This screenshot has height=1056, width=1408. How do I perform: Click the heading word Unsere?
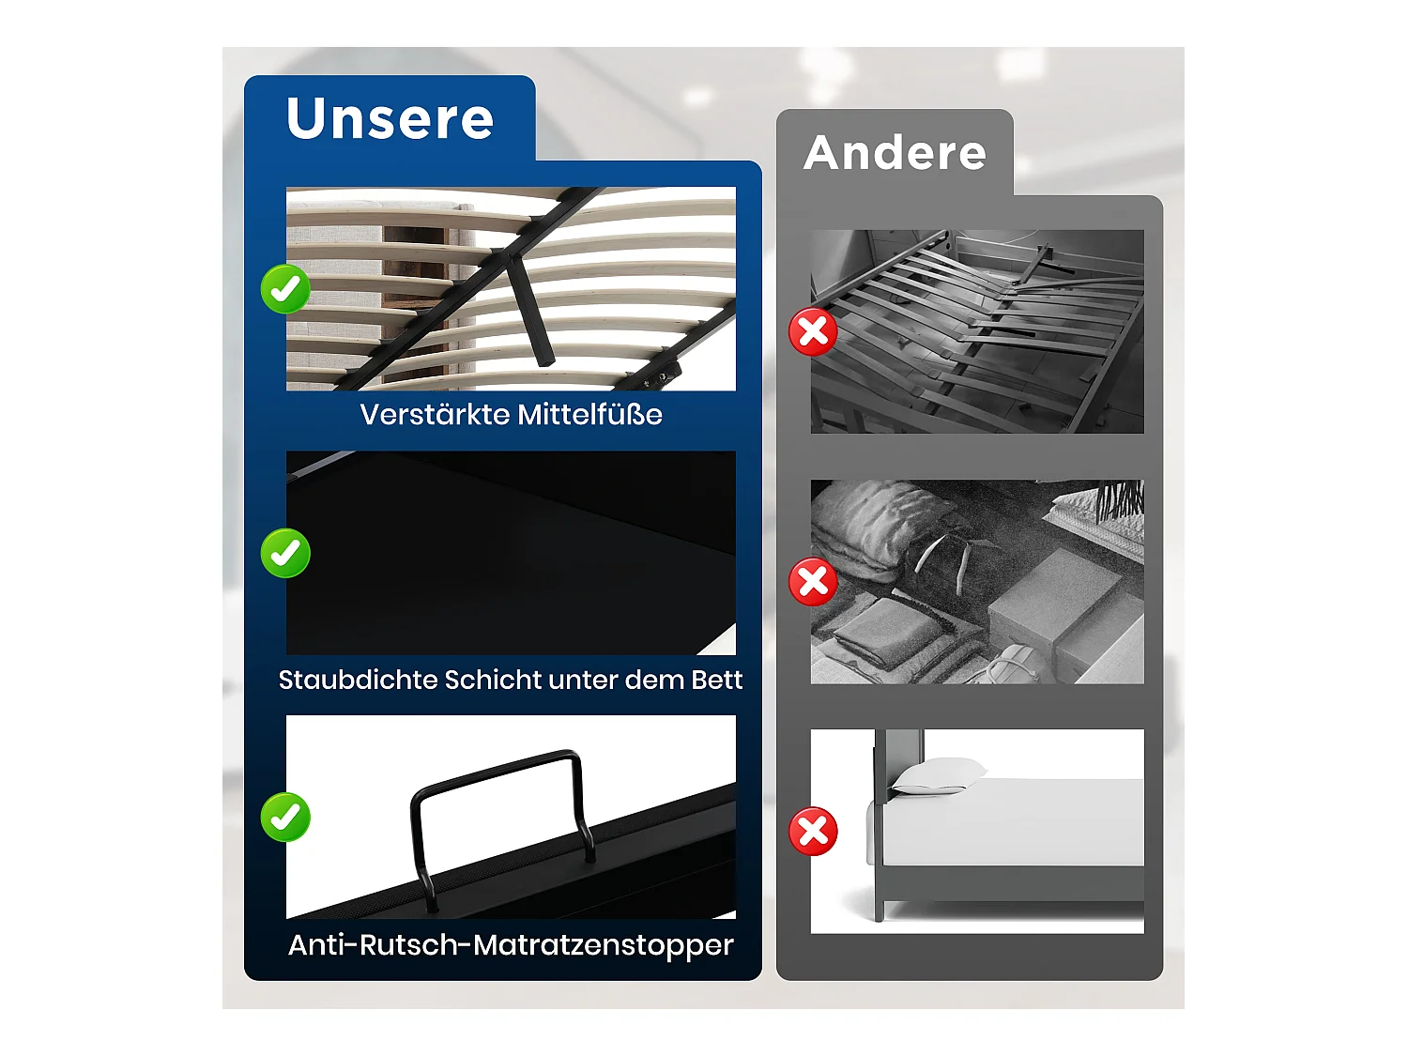pyautogui.click(x=390, y=119)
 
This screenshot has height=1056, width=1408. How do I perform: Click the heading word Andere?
pyautogui.click(x=895, y=153)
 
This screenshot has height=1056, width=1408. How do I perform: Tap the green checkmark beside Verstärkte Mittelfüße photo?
pyautogui.click(x=285, y=288)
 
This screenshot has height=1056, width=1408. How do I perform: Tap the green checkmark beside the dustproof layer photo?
pyautogui.click(x=285, y=553)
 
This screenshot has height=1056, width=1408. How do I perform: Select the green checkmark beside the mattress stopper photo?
pyautogui.click(x=285, y=817)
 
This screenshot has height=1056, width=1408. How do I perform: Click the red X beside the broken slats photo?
pyautogui.click(x=813, y=331)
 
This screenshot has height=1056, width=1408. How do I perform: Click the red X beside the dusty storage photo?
pyautogui.click(x=813, y=582)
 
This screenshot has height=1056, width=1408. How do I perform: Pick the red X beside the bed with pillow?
pyautogui.click(x=813, y=832)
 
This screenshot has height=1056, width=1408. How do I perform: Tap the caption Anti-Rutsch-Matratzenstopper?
pyautogui.click(x=511, y=944)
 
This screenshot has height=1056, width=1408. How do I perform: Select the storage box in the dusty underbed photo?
pyautogui.click(x=1061, y=601)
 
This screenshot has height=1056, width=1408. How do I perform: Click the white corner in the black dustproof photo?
pyautogui.click(x=723, y=643)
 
